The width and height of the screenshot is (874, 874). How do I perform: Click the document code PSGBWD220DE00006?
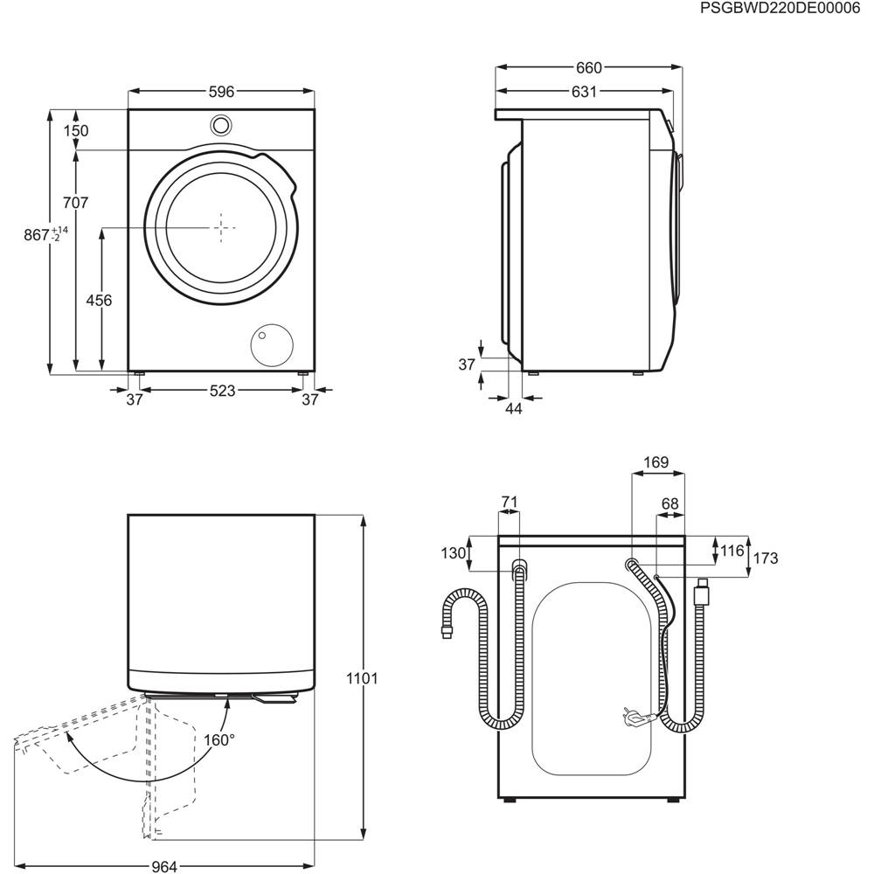[x=780, y=9]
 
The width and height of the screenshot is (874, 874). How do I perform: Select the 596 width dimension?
[x=221, y=92]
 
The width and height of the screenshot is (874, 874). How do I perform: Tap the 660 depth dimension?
[x=588, y=68]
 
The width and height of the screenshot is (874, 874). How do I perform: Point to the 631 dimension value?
[x=584, y=92]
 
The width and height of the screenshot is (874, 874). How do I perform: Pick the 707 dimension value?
[x=75, y=203]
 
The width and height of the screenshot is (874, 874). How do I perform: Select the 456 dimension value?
[x=99, y=301]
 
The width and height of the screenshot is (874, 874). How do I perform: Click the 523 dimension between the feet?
[x=222, y=392]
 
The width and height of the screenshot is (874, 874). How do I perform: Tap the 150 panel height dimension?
[x=76, y=130]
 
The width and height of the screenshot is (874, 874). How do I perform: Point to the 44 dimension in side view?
[x=513, y=408]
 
